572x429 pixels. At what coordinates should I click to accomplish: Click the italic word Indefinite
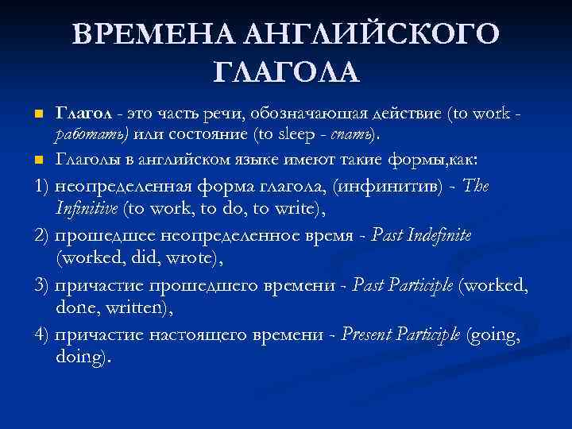[x=434, y=235]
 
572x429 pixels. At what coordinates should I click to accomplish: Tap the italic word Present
[x=369, y=335]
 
